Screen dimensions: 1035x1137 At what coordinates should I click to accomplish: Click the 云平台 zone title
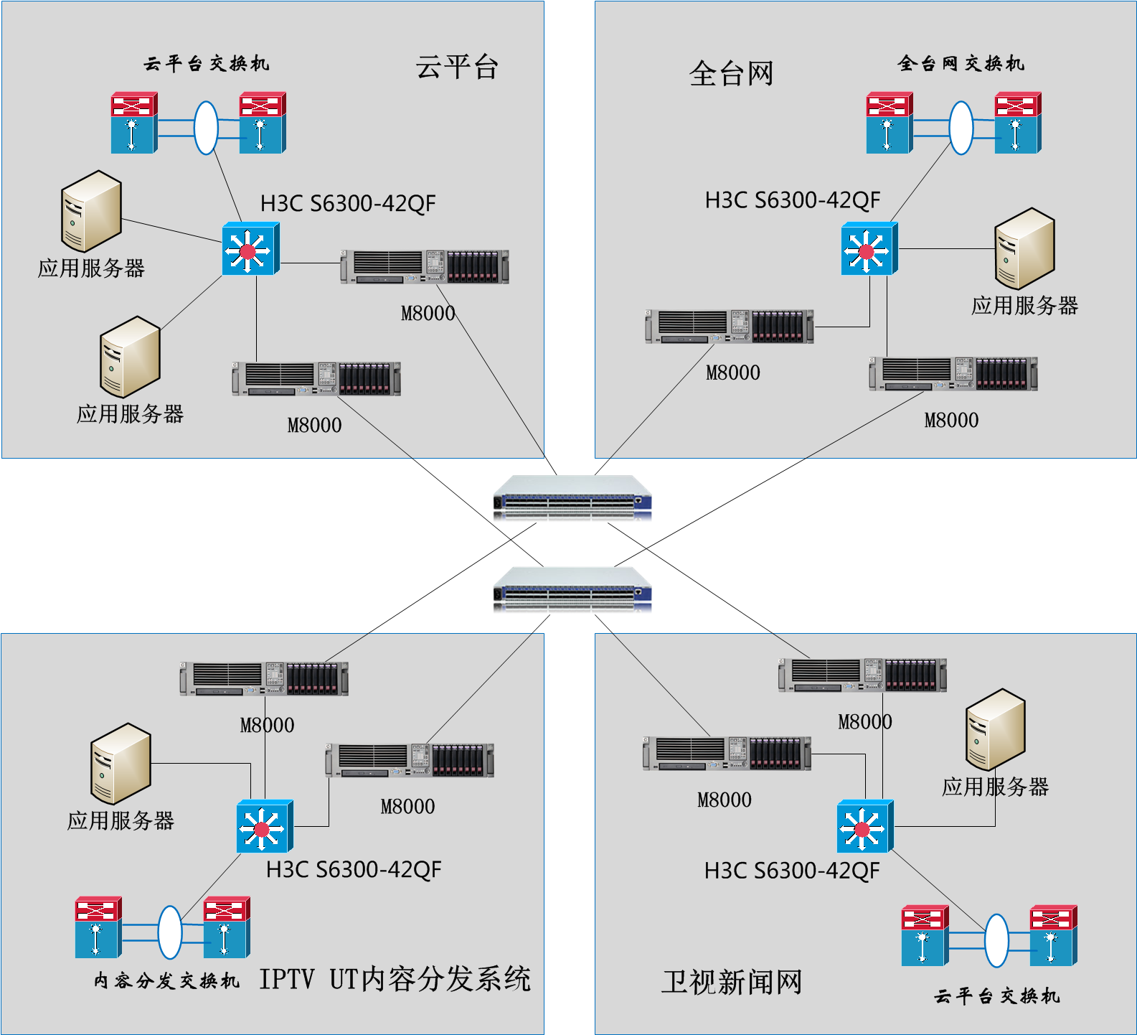click(x=457, y=68)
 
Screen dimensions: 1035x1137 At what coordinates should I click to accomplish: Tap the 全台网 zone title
click(x=731, y=74)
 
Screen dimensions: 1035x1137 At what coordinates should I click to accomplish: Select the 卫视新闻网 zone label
click(x=732, y=982)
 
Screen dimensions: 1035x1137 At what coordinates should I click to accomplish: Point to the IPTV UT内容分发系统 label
click(x=395, y=979)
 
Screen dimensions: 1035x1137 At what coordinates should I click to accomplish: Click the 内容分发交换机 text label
click(x=166, y=980)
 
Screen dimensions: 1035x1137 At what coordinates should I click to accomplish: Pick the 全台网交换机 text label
click(x=961, y=64)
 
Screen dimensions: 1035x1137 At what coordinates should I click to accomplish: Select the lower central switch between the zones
click(x=572, y=590)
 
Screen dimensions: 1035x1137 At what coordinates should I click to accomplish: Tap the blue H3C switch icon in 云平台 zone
click(x=250, y=249)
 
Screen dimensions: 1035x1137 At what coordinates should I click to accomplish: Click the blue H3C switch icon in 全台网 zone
click(x=869, y=249)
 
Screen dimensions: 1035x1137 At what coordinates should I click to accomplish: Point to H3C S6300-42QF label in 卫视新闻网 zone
click(x=792, y=871)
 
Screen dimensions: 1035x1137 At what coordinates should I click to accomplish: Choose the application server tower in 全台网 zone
click(x=1024, y=248)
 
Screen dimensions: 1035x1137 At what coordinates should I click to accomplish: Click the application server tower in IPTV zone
click(x=121, y=763)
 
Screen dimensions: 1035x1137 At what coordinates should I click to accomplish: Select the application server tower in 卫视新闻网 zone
click(x=996, y=729)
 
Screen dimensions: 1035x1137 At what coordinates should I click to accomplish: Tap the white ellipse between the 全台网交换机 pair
click(x=961, y=127)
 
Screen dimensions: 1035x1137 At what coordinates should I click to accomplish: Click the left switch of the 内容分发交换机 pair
click(x=98, y=927)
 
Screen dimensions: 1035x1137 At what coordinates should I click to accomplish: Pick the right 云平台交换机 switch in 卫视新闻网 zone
click(x=1053, y=935)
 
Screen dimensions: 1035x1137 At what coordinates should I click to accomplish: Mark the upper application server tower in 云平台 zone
click(x=91, y=211)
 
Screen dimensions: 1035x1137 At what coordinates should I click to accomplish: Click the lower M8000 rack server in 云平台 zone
click(x=316, y=379)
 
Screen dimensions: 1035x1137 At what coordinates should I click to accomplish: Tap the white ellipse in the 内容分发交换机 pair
click(x=170, y=932)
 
